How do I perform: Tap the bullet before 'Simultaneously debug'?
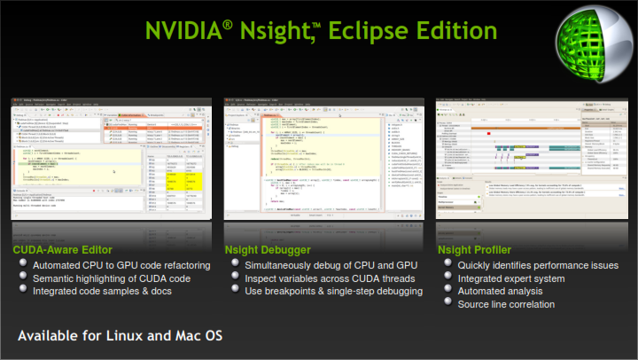pos(233,265)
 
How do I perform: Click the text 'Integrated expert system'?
pos(514,278)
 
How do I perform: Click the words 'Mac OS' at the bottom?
pos(205,337)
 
